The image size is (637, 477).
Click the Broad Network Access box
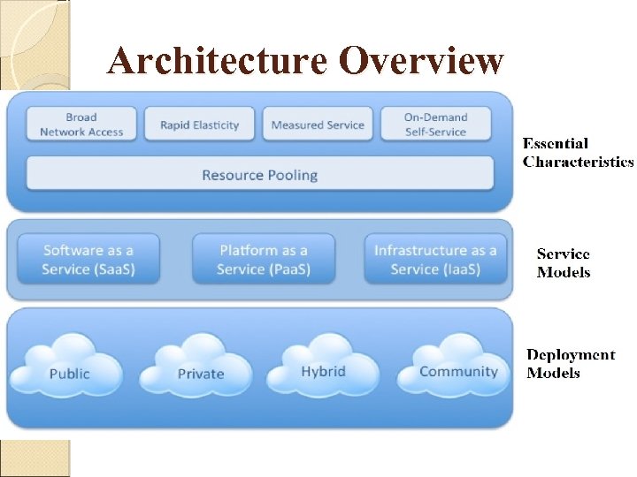(x=81, y=125)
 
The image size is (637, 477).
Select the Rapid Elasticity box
(x=199, y=125)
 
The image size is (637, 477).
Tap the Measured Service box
(x=318, y=125)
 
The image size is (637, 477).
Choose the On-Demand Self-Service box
(x=435, y=125)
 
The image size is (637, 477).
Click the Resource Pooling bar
(x=259, y=174)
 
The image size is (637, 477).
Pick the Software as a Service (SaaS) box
(x=88, y=259)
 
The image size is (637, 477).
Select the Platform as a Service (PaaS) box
(x=264, y=259)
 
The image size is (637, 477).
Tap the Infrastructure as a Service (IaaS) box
(x=435, y=259)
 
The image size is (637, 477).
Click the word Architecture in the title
(x=217, y=61)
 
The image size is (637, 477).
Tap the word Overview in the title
(x=420, y=61)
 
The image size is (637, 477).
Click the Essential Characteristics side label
(x=577, y=152)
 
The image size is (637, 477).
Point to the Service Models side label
(x=564, y=262)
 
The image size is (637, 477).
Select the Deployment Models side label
(x=571, y=363)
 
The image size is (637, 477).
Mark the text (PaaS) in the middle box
(x=288, y=269)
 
